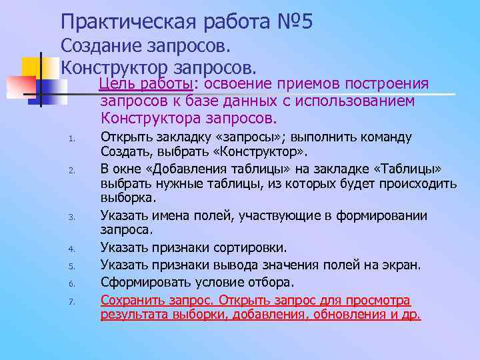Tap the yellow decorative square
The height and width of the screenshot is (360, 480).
point(32,67)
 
